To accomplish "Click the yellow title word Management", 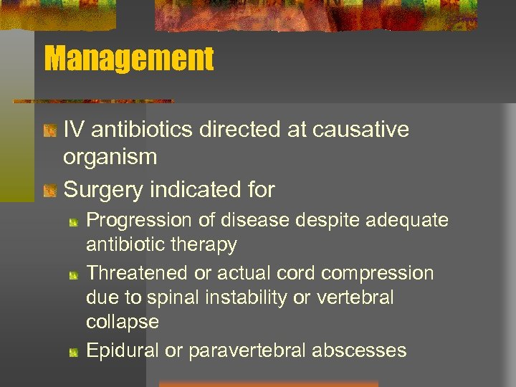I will [x=129, y=59].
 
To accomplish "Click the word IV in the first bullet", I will [x=72, y=130].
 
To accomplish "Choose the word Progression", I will [x=140, y=220].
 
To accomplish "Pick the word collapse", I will [x=123, y=322].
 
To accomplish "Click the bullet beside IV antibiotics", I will [x=49, y=131].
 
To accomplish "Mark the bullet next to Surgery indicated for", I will [x=49, y=191].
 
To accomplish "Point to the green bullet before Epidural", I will [x=74, y=351].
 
